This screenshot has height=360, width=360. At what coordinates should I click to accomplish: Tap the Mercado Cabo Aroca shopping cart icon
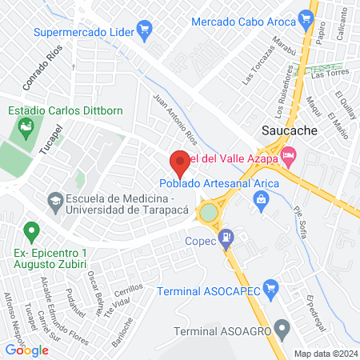point(305,18)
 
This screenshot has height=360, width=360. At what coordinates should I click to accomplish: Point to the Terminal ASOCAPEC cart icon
point(270,288)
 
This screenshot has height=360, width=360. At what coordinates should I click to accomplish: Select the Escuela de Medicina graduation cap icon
point(55,199)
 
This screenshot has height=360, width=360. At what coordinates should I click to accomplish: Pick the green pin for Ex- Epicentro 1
point(31,233)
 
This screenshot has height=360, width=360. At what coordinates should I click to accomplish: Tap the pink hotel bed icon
point(289,153)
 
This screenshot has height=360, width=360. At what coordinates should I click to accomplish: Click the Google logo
point(27,350)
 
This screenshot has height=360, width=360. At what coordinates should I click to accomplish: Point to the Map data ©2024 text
point(325,354)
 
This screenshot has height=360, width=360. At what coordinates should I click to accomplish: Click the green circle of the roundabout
point(209,213)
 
